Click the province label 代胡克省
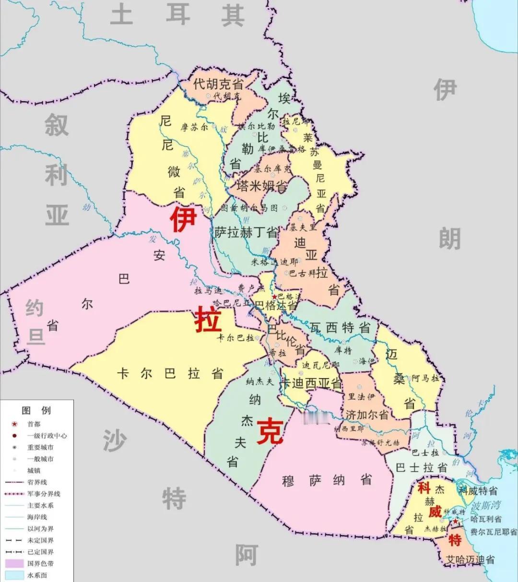pyautogui.click(x=218, y=84)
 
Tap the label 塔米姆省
pyautogui.click(x=262, y=186)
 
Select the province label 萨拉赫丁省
pyautogui.click(x=246, y=233)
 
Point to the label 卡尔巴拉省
pyautogui.click(x=170, y=373)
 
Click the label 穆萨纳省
pyautogui.click(x=327, y=480)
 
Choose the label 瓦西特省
pyautogui.click(x=340, y=328)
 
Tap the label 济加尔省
pyautogui.click(x=367, y=414)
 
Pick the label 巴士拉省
pyautogui.click(x=422, y=467)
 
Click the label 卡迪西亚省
pyautogui.click(x=311, y=383)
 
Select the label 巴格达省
pyautogui.click(x=275, y=305)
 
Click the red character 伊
pyautogui.click(x=183, y=219)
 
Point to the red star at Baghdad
pyautogui.click(x=274, y=297)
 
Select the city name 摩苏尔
pyautogui.click(x=194, y=128)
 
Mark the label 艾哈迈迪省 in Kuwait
pyautogui.click(x=470, y=559)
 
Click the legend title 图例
pyautogui.click(x=36, y=411)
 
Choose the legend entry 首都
pyautogui.click(x=34, y=424)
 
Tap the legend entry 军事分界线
pyautogui.click(x=44, y=494)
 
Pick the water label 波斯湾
pyautogui.click(x=485, y=505)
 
